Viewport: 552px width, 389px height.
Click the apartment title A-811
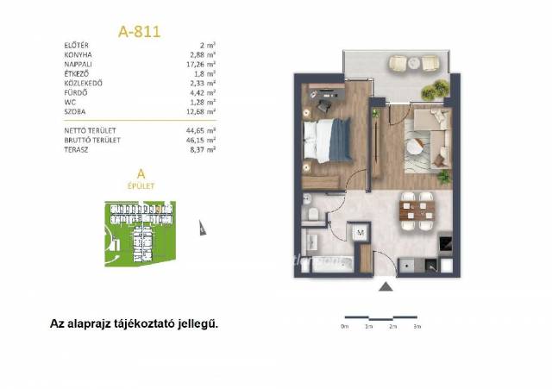[x=139, y=32]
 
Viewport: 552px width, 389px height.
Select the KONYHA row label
[x=78, y=55]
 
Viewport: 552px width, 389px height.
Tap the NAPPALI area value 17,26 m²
[x=201, y=65]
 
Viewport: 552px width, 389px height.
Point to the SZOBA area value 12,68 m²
[x=201, y=111]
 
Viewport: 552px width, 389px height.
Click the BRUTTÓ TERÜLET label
[x=92, y=140]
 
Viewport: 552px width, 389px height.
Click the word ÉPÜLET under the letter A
[x=141, y=186]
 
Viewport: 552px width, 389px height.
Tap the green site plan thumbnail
[x=140, y=234]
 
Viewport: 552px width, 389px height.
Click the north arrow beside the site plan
[x=202, y=228]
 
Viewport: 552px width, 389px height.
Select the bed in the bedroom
[x=328, y=141]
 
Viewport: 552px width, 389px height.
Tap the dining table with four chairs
[x=417, y=211]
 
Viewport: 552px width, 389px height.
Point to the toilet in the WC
[x=312, y=214]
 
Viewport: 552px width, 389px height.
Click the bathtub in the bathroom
[x=333, y=264]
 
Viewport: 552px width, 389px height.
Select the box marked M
[x=360, y=232]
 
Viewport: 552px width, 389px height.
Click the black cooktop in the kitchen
[x=445, y=242]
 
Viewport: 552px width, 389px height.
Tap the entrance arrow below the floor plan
[x=386, y=287]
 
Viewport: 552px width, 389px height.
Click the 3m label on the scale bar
[x=417, y=327]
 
